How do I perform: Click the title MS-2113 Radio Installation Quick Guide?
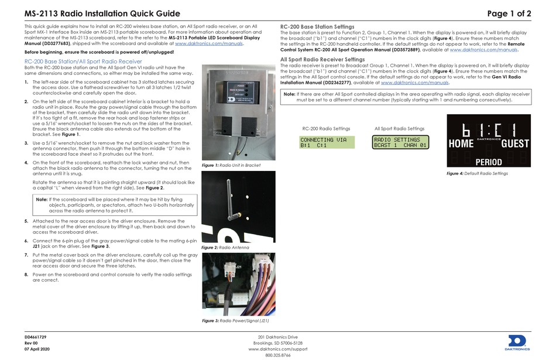pyautogui.click(x=102, y=13)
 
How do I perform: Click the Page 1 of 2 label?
pyautogui.click(x=509, y=13)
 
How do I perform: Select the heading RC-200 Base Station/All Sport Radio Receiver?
pyautogui.click(x=83, y=61)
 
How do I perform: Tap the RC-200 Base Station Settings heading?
pyautogui.click(x=317, y=27)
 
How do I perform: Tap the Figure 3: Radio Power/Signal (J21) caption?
pyautogui.click(x=235, y=321)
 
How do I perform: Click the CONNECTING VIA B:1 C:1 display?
pyautogui.click(x=326, y=142)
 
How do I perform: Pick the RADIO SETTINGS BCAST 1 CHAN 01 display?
pyautogui.click(x=400, y=142)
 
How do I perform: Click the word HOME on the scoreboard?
pyautogui.click(x=461, y=143)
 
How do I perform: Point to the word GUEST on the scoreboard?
pyautogui.click(x=514, y=143)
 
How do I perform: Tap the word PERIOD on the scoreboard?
pyautogui.click(x=489, y=162)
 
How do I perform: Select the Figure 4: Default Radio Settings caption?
pyautogui.click(x=477, y=174)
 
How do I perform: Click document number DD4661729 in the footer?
pyautogui.click(x=36, y=337)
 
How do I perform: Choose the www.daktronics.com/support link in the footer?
pyautogui.click(x=277, y=349)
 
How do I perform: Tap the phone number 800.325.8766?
pyautogui.click(x=277, y=355)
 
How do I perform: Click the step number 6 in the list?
pyautogui.click(x=26, y=241)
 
